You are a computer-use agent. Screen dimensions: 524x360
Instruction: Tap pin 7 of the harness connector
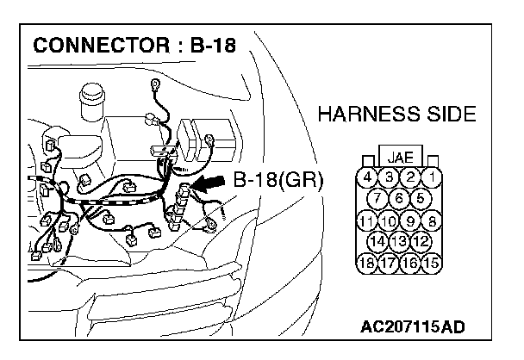click(378, 199)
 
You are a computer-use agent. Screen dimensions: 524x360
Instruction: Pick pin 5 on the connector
click(421, 199)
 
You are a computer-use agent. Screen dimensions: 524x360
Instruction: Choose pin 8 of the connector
click(433, 220)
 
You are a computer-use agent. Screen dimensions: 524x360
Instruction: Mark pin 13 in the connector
click(400, 240)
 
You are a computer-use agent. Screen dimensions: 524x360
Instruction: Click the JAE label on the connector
click(400, 158)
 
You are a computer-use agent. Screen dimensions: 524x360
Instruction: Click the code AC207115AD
click(415, 328)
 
